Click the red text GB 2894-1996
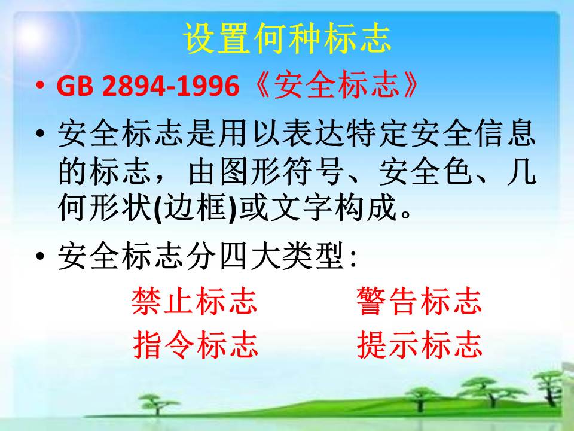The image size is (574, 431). coord(148,86)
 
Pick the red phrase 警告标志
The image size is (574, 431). coord(420,301)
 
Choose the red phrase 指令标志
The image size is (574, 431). coord(196,344)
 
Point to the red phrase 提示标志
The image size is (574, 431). coord(420,344)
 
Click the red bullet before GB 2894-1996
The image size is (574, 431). coord(40,85)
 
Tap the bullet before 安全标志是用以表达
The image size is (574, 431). coord(40,132)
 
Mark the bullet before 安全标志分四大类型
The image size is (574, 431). coord(40,255)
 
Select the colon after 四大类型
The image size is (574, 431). coord(353,259)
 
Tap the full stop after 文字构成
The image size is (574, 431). coord(406,214)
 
